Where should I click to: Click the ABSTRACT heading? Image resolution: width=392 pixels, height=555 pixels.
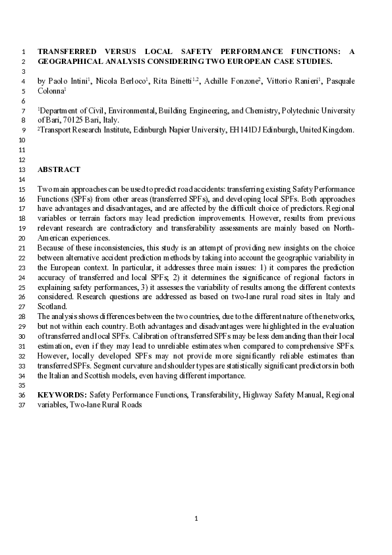(x=59, y=169)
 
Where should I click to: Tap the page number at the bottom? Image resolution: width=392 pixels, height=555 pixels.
(x=196, y=519)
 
